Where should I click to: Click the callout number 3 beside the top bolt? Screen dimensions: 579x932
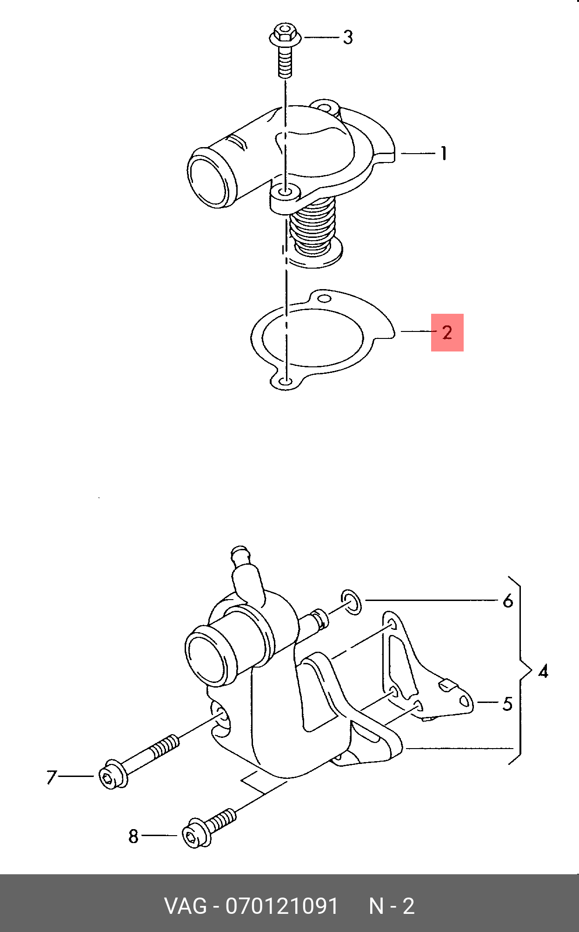pos(348,37)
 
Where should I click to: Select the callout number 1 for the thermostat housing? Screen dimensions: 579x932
pos(444,153)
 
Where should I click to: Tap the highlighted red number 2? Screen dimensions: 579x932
pos(447,332)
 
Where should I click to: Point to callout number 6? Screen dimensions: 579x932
pos(508,601)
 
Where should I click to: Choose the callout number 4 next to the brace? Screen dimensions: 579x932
pos(543,671)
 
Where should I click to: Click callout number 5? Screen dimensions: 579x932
pos(507,704)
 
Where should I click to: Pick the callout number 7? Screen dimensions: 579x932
pos(52,777)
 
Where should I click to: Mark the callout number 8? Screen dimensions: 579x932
pos(133,837)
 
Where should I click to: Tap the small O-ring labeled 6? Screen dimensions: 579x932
pos(351,602)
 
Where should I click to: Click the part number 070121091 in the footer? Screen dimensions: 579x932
pos(282,906)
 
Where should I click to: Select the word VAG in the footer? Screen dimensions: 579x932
pos(186,906)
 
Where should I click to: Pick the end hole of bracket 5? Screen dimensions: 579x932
pos(465,702)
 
